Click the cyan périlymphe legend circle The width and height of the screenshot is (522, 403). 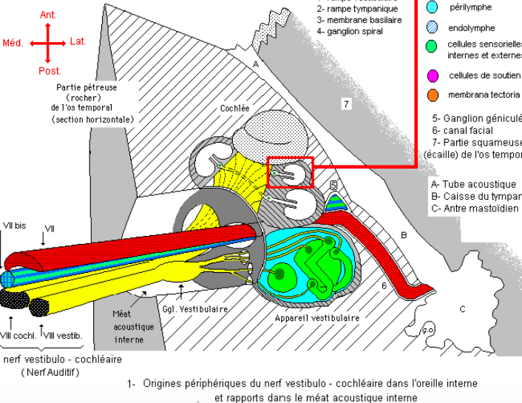click(x=433, y=7)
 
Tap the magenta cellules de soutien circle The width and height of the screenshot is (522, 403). click(x=433, y=75)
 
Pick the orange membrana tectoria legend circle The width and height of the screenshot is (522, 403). click(x=433, y=95)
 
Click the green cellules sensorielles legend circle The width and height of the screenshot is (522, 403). click(x=433, y=49)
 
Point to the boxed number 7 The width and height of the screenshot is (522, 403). click(x=345, y=104)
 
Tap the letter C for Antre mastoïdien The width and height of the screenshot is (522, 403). click(x=463, y=308)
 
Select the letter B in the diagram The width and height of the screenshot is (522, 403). click(x=404, y=235)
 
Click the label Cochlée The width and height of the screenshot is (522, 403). click(x=234, y=108)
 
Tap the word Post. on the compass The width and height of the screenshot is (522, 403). click(x=49, y=71)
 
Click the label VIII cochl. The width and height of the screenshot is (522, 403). click(x=15, y=336)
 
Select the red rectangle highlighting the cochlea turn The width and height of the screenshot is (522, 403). click(x=291, y=172)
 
